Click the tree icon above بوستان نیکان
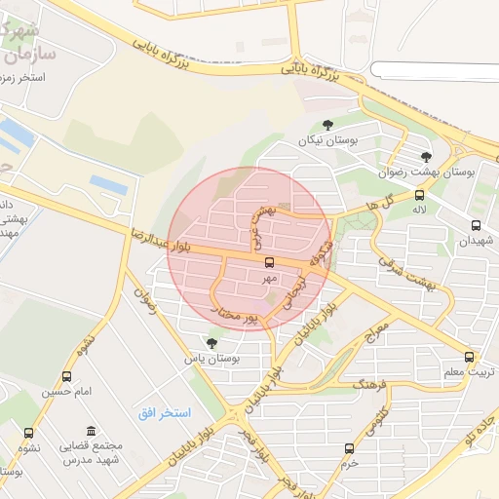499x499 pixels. pos(326,125)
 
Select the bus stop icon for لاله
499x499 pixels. pos(419,195)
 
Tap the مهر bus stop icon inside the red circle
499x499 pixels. pos(269,261)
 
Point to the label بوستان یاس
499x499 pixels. pos(212,358)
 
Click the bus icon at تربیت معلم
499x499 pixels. pos(470,357)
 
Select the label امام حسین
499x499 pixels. pos(66,392)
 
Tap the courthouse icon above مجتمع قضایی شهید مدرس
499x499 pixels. pos(91,432)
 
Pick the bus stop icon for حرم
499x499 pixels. pos(349,448)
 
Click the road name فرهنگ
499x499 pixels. pos(372,383)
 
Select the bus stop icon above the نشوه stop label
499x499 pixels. pos(27,433)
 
